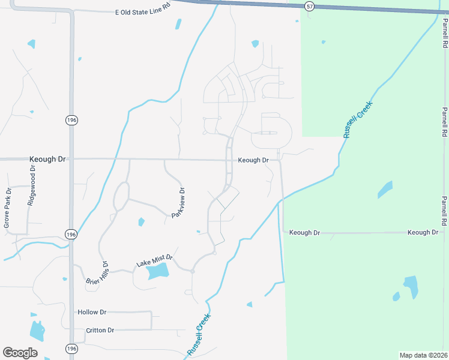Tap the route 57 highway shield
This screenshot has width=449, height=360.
click(x=309, y=5)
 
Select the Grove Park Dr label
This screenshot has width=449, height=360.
click(x=8, y=208)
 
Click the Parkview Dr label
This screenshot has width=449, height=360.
click(x=178, y=203)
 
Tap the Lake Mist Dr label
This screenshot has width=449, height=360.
click(x=154, y=260)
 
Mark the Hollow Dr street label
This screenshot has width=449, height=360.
click(x=92, y=312)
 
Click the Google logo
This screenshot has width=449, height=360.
click(x=20, y=352)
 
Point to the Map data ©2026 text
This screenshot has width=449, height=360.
click(x=424, y=355)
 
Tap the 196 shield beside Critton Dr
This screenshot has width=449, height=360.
click(x=71, y=349)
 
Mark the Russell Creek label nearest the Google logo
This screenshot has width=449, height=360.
click(x=199, y=334)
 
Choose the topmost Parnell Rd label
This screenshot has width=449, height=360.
click(x=445, y=32)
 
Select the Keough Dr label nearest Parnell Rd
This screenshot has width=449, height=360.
click(x=424, y=232)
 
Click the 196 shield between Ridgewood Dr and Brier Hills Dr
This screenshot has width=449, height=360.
click(x=71, y=235)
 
